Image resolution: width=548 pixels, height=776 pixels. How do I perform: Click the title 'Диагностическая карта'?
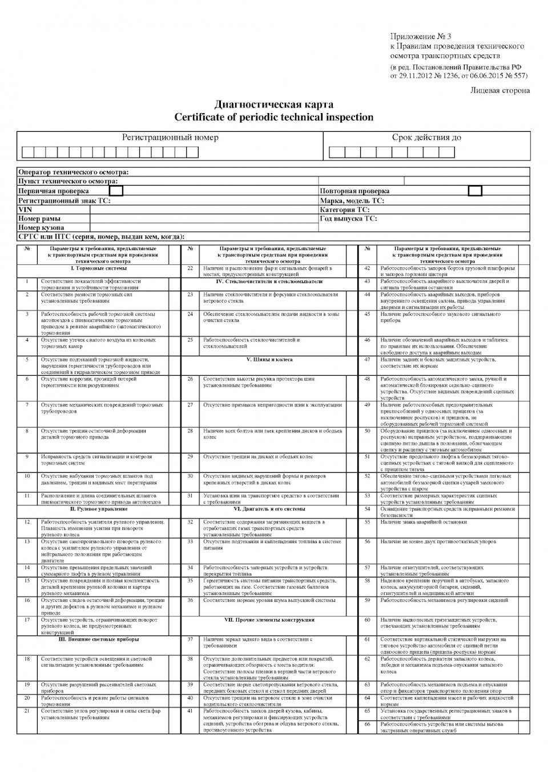[x=273, y=104]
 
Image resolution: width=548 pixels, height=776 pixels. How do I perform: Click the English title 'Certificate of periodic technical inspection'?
[x=273, y=118]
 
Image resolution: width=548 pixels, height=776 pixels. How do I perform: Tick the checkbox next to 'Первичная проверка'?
[x=116, y=191]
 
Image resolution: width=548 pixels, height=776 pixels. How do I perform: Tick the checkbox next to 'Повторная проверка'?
[x=474, y=191]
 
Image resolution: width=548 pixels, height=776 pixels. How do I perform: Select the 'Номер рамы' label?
[x=39, y=219]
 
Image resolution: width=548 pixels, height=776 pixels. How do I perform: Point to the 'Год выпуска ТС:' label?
[x=348, y=219]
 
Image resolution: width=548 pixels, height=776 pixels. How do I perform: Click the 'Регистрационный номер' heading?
[x=170, y=138]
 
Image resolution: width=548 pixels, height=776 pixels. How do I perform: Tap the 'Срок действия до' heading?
[x=426, y=138]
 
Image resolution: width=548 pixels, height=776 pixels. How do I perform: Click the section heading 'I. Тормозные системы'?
[x=99, y=268]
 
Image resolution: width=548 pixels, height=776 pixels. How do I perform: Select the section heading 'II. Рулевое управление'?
[x=99, y=509]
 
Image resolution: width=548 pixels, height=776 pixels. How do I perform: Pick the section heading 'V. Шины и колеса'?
[x=269, y=360]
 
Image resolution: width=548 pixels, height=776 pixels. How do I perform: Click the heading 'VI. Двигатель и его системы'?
[x=269, y=509]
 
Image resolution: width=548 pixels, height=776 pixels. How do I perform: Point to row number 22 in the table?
[x=190, y=268]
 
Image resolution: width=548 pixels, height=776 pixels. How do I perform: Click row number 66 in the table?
[x=367, y=725]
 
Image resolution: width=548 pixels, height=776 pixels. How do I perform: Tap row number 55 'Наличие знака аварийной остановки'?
[x=424, y=522]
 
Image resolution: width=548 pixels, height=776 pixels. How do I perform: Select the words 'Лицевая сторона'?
[x=499, y=90]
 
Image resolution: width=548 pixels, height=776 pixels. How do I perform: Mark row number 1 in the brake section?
[x=27, y=281]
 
